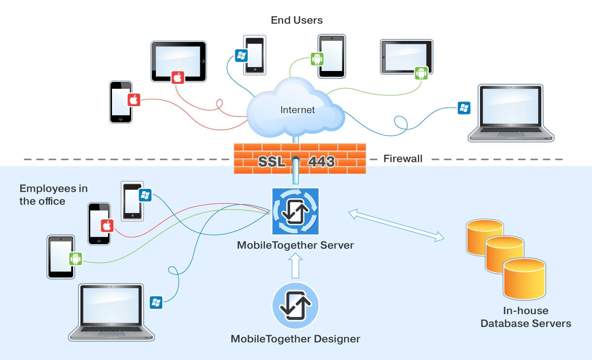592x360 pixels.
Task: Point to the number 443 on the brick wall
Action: tap(322, 161)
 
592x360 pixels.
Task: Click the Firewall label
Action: tap(403, 159)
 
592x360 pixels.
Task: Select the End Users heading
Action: tap(296, 20)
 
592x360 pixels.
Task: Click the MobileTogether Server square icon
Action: tap(296, 211)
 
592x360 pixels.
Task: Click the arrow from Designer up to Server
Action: tap(296, 266)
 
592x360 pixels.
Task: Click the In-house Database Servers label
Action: tap(525, 317)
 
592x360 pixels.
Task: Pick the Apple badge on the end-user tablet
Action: tap(178, 77)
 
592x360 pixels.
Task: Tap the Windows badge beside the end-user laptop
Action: tap(464, 108)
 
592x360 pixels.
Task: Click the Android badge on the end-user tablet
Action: tap(421, 73)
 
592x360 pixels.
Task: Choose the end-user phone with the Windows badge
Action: tap(255, 54)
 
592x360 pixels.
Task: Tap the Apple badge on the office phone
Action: tap(107, 226)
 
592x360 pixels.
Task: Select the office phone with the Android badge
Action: tap(61, 256)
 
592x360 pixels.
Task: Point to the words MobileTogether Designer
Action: tap(296, 339)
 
